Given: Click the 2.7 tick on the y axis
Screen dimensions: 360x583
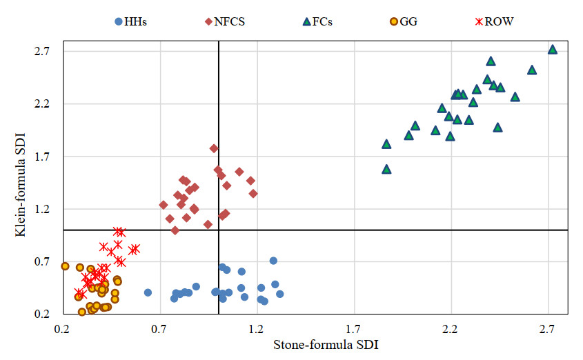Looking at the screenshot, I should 45,52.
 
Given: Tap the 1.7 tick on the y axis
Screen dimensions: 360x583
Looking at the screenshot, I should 45,157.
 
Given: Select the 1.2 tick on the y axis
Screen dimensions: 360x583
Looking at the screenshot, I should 45,210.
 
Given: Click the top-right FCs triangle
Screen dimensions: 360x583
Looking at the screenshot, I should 552,50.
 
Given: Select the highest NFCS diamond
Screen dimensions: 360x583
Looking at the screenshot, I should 214,148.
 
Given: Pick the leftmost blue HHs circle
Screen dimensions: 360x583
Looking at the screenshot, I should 148,292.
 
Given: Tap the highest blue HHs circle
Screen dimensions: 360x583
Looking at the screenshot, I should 273,261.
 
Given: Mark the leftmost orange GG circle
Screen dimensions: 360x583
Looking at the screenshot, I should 66,266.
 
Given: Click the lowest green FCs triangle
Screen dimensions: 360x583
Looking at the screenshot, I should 386,169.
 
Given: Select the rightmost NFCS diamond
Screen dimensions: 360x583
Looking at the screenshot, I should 253,193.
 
